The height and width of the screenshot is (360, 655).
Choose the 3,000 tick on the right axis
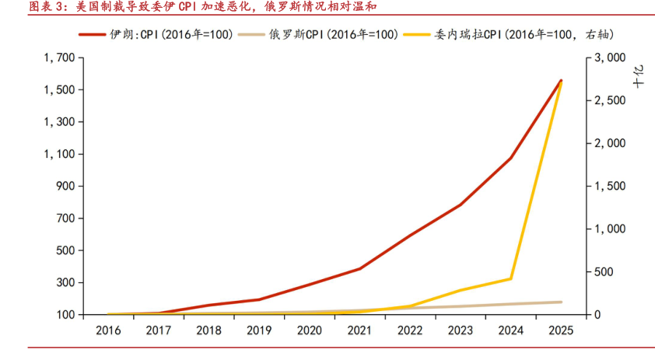[609, 58]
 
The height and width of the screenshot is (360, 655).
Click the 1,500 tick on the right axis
[609, 187]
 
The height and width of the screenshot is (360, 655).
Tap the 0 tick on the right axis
[597, 315]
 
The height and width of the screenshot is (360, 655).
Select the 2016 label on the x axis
[108, 330]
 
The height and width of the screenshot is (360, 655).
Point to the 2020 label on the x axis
[309, 330]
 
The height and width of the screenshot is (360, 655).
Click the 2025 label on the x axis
[560, 330]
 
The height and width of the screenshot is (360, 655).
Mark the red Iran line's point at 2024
[510, 159]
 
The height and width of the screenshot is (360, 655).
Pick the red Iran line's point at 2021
[359, 269]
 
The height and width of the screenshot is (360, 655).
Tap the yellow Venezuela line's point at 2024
[510, 278]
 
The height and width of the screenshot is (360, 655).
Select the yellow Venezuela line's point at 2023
[461, 290]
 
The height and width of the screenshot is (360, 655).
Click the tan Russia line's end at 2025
[561, 302]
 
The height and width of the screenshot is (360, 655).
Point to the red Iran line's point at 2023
[461, 205]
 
